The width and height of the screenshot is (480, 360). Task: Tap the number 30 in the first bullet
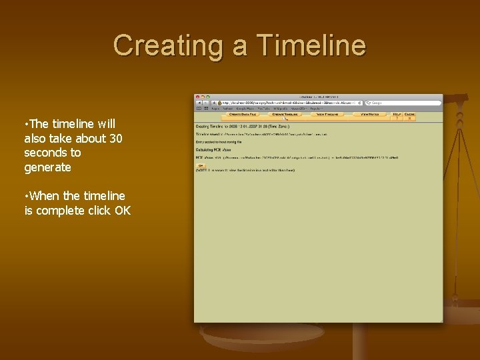115,138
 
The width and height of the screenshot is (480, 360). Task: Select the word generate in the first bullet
47,167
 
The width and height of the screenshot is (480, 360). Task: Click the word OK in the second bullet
122,211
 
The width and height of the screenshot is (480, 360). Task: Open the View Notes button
370,114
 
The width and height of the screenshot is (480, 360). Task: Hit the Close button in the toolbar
409,114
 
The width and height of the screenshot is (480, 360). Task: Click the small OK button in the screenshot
199,165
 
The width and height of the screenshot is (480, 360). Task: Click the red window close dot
197,97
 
